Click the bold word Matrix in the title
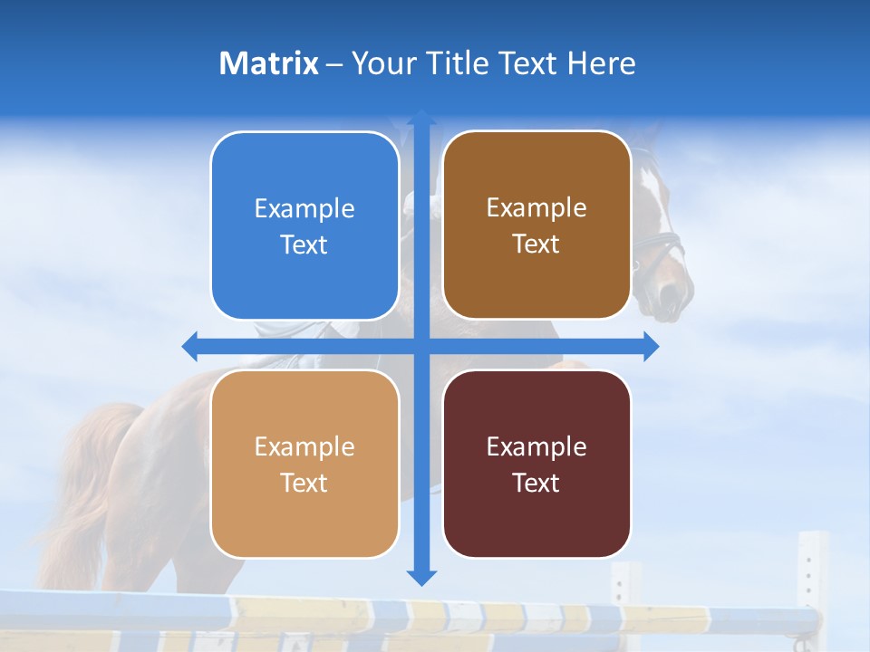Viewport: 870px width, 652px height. [x=268, y=63]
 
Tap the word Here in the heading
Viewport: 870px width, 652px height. [x=601, y=63]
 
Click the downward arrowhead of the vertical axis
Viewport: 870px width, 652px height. [x=421, y=578]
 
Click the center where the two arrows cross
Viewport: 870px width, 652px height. [x=421, y=346]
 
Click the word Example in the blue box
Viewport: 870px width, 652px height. [x=304, y=209]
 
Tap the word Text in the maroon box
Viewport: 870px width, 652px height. [x=536, y=483]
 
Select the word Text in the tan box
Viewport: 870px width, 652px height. [x=304, y=483]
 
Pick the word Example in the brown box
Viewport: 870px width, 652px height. [x=536, y=208]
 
